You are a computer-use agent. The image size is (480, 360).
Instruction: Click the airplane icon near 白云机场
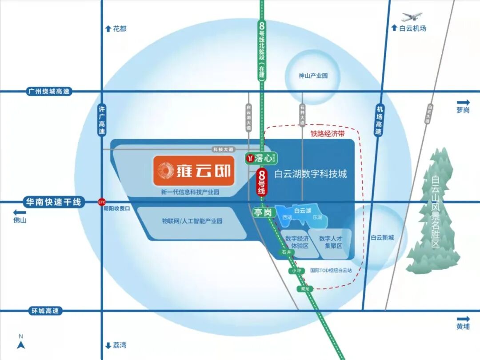pyautogui.click(x=412, y=17)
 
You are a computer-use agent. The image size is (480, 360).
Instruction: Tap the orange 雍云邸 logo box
pyautogui.click(x=194, y=170)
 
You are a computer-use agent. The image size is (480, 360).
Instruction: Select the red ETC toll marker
pyautogui.click(x=102, y=202)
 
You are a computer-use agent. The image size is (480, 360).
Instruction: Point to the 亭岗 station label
pyautogui.click(x=262, y=213)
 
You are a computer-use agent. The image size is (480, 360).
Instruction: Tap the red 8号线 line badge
pyautogui.click(x=262, y=183)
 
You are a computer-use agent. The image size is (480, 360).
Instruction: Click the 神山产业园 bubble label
pyautogui.click(x=313, y=76)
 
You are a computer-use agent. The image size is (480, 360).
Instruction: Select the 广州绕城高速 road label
pyautogui.click(x=49, y=92)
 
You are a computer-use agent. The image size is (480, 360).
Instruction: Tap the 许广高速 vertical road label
pyautogui.click(x=102, y=120)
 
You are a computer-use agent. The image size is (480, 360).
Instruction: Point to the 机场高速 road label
pyautogui.click(x=379, y=120)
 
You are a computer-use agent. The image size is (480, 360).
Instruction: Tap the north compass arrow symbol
pyautogui.click(x=20, y=344)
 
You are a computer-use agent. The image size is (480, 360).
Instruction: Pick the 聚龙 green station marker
pyautogui.click(x=305, y=289)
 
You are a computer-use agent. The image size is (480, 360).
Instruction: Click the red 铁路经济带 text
pyautogui.click(x=328, y=133)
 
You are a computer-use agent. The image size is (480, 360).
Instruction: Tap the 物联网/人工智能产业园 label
pyautogui.click(x=192, y=221)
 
